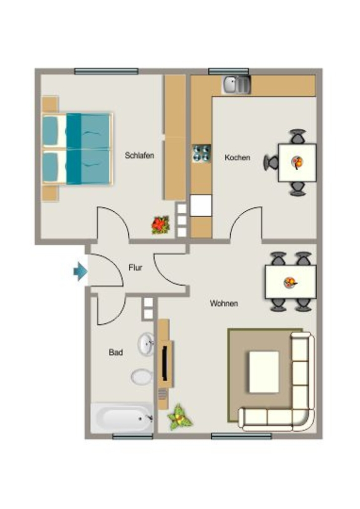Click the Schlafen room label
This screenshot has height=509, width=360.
tap(139, 156)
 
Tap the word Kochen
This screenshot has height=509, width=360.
tap(237, 158)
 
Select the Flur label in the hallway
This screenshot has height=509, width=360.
tap(135, 268)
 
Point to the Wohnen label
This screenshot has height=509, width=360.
tap(224, 304)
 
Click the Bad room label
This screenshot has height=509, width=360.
tap(116, 352)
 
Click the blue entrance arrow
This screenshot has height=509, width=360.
tap(80, 271)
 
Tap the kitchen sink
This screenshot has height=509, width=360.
tap(236, 85)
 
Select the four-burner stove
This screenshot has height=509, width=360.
tap(201, 153)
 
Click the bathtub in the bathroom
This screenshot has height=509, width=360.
tap(122, 418)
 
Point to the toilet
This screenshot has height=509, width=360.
tap(142, 377)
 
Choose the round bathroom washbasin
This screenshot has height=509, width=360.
tap(146, 344)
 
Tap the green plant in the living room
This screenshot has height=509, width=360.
tap(180, 418)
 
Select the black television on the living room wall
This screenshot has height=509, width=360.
tap(165, 363)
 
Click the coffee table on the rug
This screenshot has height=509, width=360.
tap(264, 372)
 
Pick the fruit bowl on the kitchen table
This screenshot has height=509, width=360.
tap(297, 162)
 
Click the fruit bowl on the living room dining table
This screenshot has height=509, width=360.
tap(290, 282)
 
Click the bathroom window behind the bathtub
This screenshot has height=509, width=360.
tap(132, 436)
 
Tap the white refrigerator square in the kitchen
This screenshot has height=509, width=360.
tap(200, 205)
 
